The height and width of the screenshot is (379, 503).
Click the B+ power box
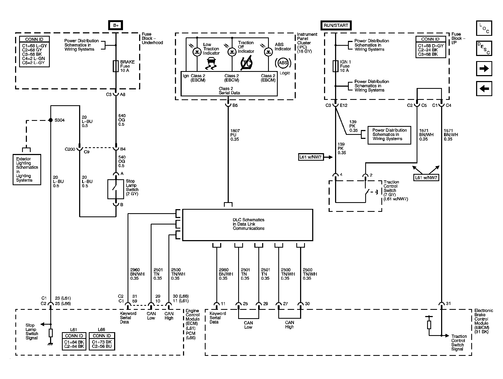[116, 25]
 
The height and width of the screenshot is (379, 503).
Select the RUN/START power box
[336, 25]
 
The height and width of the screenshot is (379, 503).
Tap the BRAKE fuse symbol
[116, 66]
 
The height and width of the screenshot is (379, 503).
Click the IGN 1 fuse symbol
[335, 66]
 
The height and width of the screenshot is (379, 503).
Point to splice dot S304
[50, 120]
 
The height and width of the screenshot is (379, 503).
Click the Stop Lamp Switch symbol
[116, 189]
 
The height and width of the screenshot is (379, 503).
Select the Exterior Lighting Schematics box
[27, 170]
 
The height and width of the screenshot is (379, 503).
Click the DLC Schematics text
[248, 224]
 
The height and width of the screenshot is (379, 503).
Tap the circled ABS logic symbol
[283, 63]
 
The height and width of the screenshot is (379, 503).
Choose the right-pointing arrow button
[484, 69]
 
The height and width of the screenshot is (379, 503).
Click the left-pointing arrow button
[484, 89]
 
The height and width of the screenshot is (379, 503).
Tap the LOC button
[484, 28]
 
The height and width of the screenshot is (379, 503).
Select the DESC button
[484, 48]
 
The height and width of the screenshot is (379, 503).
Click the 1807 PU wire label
[235, 135]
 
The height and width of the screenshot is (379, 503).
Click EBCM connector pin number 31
[448, 303]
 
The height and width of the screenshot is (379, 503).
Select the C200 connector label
[70, 149]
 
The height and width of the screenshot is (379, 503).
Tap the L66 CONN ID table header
[102, 336]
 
